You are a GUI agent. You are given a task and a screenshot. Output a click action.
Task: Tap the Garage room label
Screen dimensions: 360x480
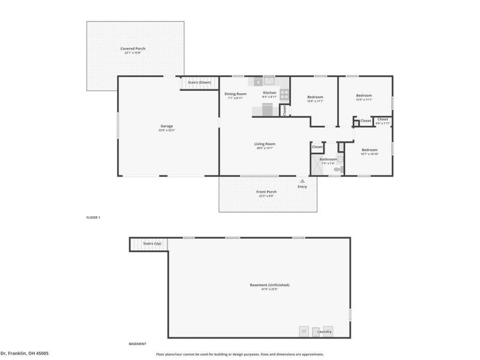[x=166, y=126]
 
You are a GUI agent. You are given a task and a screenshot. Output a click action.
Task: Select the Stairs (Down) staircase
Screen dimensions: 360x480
[x=197, y=85]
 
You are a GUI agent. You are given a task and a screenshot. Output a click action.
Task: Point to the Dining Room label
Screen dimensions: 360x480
[x=235, y=94]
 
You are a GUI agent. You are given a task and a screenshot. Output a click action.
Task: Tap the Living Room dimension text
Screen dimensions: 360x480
[x=265, y=148]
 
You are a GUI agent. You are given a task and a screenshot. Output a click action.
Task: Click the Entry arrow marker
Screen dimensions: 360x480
[x=302, y=180]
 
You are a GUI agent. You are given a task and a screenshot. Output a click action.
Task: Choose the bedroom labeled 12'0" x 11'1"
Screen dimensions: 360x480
[x=364, y=96]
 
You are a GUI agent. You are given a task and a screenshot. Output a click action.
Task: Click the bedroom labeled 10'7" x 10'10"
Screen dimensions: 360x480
[x=369, y=150]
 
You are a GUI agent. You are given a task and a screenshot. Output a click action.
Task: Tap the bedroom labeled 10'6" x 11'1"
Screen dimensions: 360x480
[x=315, y=97]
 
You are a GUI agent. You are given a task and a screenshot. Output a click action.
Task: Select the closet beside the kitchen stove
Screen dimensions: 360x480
[x=284, y=110]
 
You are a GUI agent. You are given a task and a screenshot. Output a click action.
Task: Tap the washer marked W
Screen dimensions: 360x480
[x=304, y=331]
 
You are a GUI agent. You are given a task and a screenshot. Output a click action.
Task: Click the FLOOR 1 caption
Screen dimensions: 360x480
[x=93, y=217]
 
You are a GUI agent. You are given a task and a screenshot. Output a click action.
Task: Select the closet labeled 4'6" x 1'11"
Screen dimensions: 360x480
[x=382, y=120]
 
